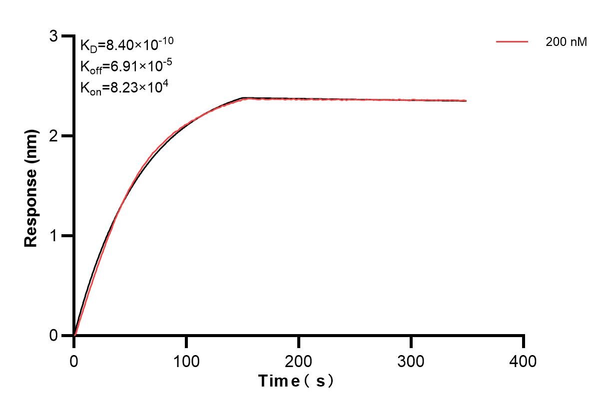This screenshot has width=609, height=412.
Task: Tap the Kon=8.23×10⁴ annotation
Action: tap(124, 87)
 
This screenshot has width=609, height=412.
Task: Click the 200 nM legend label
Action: tap(566, 42)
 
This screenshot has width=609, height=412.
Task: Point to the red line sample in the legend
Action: tap(512, 42)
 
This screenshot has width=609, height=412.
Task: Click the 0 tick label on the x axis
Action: tap(74, 361)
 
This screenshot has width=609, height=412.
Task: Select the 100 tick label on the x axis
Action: tap(186, 361)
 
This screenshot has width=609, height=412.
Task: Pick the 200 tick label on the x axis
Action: tap(299, 361)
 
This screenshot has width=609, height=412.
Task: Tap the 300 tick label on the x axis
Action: tap(411, 361)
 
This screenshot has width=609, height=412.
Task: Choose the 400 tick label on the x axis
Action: tap(524, 361)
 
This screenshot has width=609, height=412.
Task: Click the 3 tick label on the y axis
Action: tap(53, 36)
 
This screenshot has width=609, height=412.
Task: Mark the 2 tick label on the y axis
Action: tap(53, 136)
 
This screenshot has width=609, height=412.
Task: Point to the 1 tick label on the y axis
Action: tap(53, 236)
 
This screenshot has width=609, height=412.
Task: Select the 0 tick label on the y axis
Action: tap(53, 335)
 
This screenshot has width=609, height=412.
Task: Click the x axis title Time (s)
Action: tap(296, 382)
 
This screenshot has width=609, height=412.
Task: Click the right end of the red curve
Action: tap(466, 101)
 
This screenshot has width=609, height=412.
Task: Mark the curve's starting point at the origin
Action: tap(74, 335)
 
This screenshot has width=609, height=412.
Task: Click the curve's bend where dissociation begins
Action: tap(243, 98)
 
